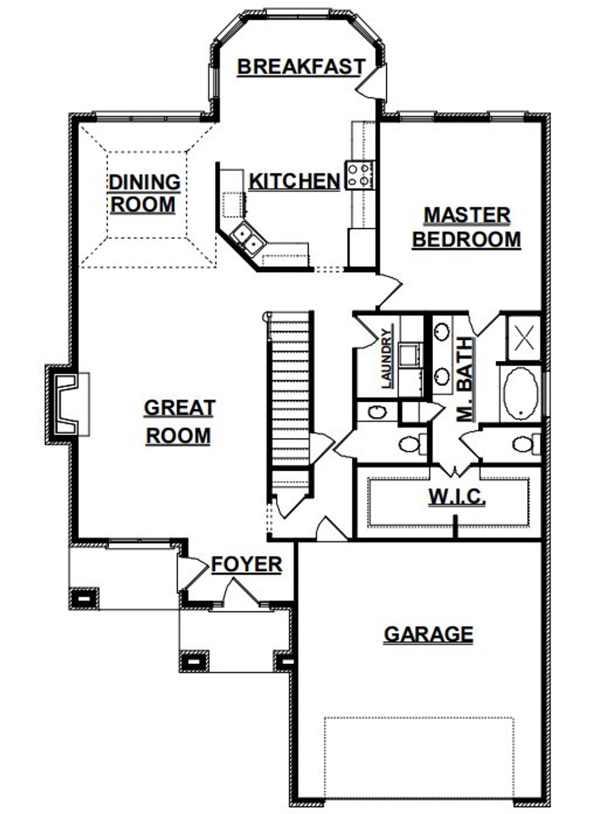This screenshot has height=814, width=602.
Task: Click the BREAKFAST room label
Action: pyautogui.click(x=301, y=67)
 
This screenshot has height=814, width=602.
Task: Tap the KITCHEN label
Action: pyautogui.click(x=294, y=181)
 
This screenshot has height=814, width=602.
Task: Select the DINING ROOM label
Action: pyautogui.click(x=144, y=194)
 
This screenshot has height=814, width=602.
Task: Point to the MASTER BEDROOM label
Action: pyautogui.click(x=467, y=227)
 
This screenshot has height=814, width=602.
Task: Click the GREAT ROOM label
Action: pyautogui.click(x=179, y=422)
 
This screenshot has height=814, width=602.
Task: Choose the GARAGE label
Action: pyautogui.click(x=428, y=634)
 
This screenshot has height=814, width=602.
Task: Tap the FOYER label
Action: pyautogui.click(x=246, y=564)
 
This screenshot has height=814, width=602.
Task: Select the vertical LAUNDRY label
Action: pyautogui.click(x=387, y=359)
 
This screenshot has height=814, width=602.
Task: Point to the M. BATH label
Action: pyautogui.click(x=465, y=379)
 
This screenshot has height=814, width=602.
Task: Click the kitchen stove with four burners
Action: pyautogui.click(x=359, y=175)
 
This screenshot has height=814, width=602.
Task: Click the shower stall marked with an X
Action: pyautogui.click(x=524, y=338)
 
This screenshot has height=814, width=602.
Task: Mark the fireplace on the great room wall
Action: pyautogui.click(x=66, y=405)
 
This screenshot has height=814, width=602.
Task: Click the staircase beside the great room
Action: pyautogui.click(x=289, y=390)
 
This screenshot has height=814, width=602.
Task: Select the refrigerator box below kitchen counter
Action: pyautogui.click(x=362, y=248)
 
